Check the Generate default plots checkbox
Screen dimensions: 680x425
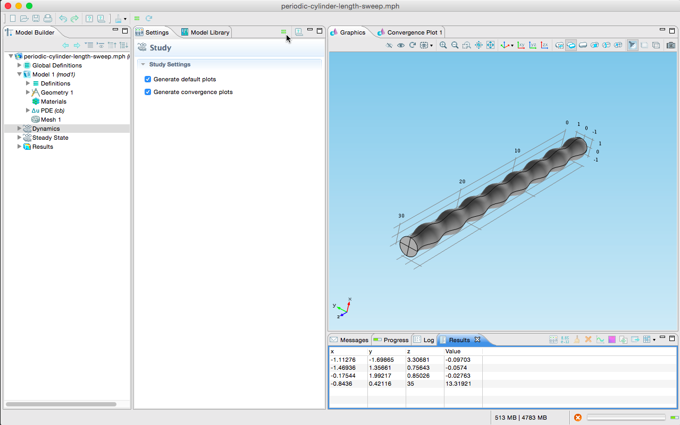pos(148,79)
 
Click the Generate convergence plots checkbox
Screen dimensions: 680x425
pos(148,92)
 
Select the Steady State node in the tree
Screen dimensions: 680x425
pos(50,138)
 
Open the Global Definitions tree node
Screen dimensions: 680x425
pos(57,65)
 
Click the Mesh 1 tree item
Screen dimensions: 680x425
pos(51,120)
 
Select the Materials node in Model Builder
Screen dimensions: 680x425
pos(53,101)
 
